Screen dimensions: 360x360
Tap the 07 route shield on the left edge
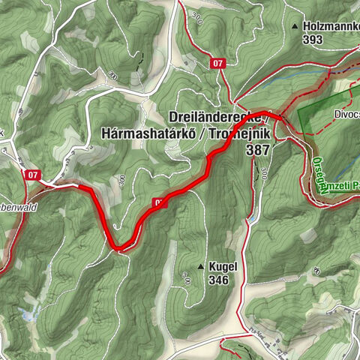31,175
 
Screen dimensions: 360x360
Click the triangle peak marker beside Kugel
200,266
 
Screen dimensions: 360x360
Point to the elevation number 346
219,280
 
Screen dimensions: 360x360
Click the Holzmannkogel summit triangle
295,27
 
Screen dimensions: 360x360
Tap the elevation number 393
313,40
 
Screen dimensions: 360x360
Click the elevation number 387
257,149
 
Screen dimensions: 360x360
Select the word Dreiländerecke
217,118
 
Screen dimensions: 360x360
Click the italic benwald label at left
21,188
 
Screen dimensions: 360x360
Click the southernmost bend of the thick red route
119,248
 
